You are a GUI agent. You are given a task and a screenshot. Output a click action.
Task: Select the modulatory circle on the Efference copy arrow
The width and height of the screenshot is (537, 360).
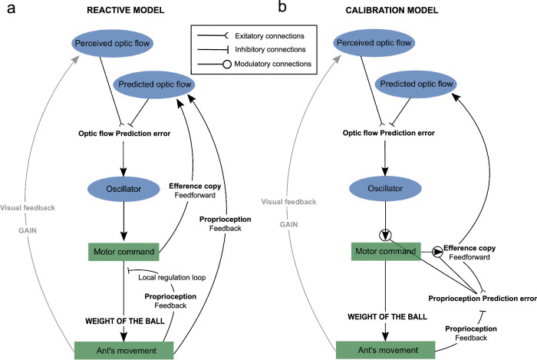click(x=437, y=250)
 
